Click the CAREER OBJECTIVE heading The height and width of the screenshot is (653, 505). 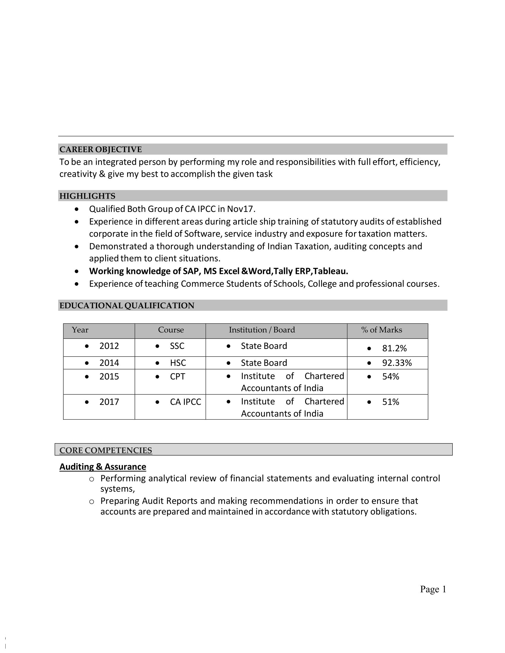(100, 149)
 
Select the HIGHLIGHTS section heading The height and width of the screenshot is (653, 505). (87, 196)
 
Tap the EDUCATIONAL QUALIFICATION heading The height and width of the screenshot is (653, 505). (127, 305)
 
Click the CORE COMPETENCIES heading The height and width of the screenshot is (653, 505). (106, 450)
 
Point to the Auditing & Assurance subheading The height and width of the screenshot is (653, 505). (102, 467)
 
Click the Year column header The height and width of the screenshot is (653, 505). (80, 330)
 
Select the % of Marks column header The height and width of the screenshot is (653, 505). (381, 330)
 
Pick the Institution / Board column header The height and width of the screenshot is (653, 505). (262, 330)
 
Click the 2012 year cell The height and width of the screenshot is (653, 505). (109, 346)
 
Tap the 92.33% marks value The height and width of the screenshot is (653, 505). (397, 363)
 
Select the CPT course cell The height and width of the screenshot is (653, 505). (177, 376)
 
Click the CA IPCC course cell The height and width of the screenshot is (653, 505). (185, 402)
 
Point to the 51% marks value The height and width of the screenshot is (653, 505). (391, 402)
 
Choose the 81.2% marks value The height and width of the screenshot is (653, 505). (394, 348)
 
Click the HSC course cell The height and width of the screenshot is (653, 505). (178, 363)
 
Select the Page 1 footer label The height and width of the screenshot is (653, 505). (433, 589)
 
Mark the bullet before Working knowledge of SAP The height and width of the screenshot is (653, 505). (77, 272)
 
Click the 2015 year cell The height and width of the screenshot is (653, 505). (109, 376)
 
